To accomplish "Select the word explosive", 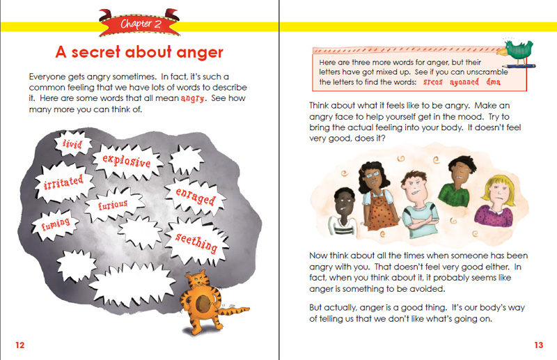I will coord(127,162).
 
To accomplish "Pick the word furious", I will coord(112,205).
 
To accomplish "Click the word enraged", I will coord(194,196).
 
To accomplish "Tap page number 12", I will coord(19,345).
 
